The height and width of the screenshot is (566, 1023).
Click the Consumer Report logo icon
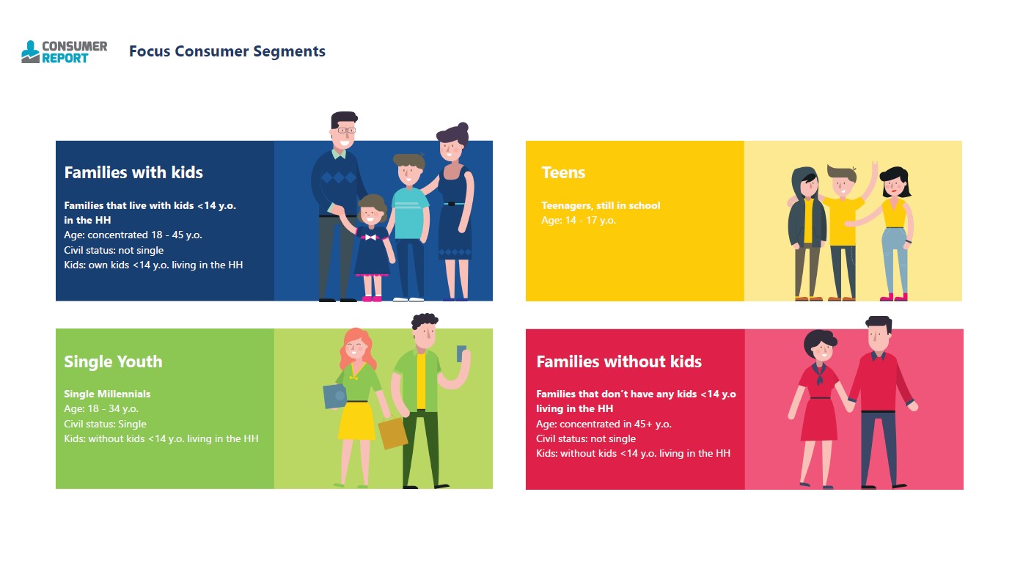click(31, 52)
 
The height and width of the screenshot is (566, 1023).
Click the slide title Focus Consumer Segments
click(227, 51)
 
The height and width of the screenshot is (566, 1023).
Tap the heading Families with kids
click(133, 172)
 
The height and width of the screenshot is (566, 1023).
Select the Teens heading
click(563, 172)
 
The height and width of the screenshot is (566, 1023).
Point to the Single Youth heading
click(113, 361)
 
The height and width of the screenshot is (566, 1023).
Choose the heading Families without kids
click(619, 361)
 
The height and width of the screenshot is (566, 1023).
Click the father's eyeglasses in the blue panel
click(346, 131)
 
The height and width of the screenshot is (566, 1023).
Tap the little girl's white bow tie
click(370, 238)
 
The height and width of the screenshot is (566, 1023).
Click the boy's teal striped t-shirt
click(410, 213)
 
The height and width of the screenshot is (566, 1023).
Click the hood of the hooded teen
click(804, 178)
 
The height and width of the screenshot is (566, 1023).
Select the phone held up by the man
click(461, 353)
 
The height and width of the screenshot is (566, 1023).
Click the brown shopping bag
click(392, 433)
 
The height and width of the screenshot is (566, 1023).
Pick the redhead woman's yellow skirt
click(356, 420)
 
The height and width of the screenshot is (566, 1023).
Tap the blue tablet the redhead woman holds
click(335, 396)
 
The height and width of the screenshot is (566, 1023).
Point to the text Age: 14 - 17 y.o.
click(578, 221)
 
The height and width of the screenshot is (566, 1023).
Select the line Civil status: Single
click(105, 424)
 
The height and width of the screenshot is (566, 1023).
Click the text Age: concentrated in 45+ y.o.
click(604, 424)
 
